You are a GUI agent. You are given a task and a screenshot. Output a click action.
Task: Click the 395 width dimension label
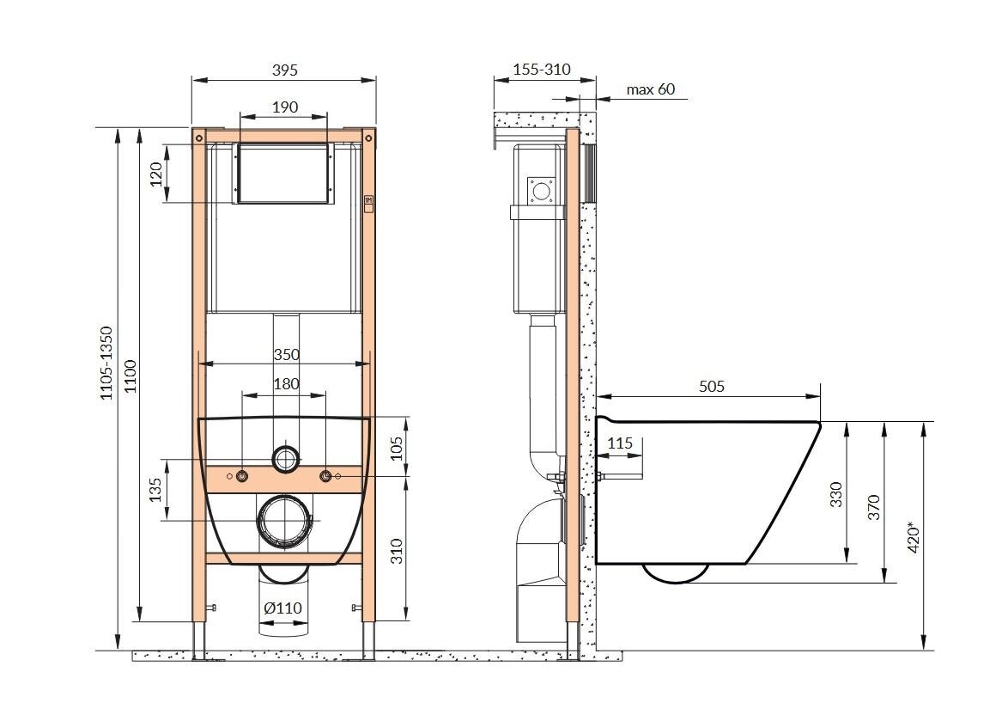285,70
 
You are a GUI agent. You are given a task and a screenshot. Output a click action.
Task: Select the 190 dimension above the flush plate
285,107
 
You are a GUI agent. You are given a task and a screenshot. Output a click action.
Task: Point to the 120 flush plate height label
156,174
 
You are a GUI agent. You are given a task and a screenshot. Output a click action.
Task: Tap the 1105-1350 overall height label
106,364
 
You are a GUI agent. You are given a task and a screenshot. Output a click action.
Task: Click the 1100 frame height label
131,376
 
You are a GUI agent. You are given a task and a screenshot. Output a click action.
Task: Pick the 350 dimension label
286,354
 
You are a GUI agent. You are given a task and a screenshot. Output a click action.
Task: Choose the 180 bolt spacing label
286,384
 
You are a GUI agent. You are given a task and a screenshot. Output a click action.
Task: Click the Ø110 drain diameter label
283,608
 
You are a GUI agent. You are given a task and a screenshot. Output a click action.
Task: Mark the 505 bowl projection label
711,386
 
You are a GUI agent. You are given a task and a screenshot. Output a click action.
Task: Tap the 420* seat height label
914,539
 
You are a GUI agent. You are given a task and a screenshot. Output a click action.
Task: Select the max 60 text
651,89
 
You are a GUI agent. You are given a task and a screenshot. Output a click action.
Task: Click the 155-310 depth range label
542,69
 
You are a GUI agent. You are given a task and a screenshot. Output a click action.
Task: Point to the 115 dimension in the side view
619,443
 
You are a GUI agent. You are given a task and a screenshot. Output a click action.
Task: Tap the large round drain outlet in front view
283,522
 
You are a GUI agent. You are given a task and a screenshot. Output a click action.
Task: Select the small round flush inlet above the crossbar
286,459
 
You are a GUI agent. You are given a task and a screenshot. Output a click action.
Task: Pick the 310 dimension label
397,551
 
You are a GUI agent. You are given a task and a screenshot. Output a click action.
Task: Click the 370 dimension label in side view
874,507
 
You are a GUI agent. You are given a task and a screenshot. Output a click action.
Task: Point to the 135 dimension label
155,491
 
